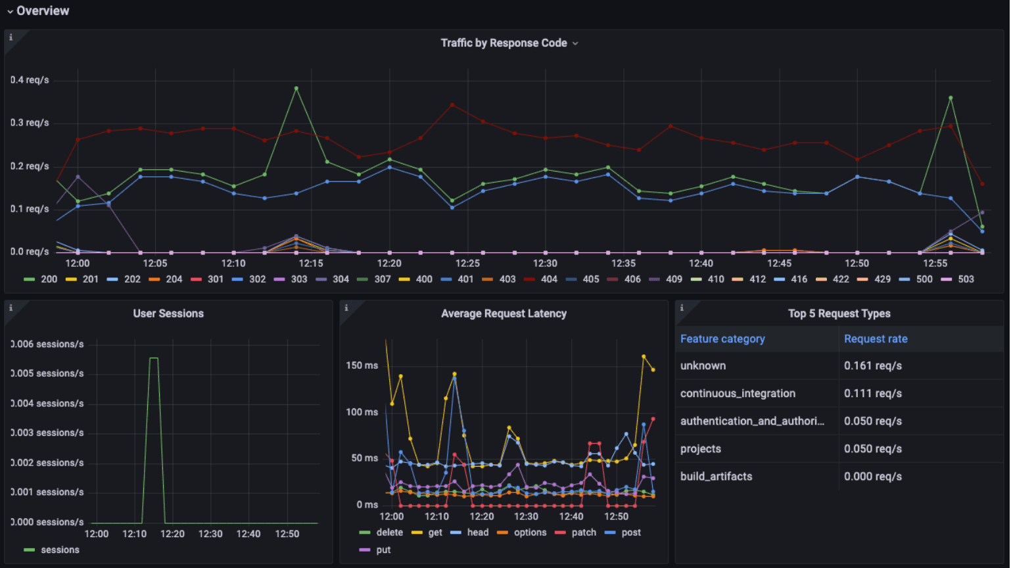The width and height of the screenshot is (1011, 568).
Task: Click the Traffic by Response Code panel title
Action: (504, 43)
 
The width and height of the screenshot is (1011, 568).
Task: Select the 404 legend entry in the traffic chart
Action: (548, 279)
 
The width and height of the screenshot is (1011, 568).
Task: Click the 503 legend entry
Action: (965, 279)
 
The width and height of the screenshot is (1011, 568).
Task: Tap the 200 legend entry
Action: (49, 279)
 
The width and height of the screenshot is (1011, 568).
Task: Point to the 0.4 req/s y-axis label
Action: (30, 80)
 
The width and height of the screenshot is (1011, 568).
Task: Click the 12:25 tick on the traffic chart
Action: (467, 264)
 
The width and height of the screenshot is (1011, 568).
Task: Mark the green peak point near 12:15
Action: (296, 88)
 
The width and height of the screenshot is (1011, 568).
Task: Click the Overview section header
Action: (42, 11)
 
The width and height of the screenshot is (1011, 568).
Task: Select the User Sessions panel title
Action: (168, 314)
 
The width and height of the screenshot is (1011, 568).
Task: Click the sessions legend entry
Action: (59, 550)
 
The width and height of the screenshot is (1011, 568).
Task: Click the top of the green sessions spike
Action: (154, 358)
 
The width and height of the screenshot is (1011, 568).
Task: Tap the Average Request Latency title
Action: (504, 314)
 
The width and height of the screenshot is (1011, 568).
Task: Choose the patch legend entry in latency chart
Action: (583, 532)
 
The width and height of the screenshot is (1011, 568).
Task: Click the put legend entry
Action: (383, 550)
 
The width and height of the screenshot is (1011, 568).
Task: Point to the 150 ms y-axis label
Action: (362, 366)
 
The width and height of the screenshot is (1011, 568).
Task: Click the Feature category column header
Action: (722, 339)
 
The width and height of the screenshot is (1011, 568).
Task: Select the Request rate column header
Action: (876, 339)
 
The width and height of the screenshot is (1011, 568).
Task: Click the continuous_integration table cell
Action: (738, 394)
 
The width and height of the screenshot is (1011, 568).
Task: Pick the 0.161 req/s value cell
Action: (872, 366)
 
